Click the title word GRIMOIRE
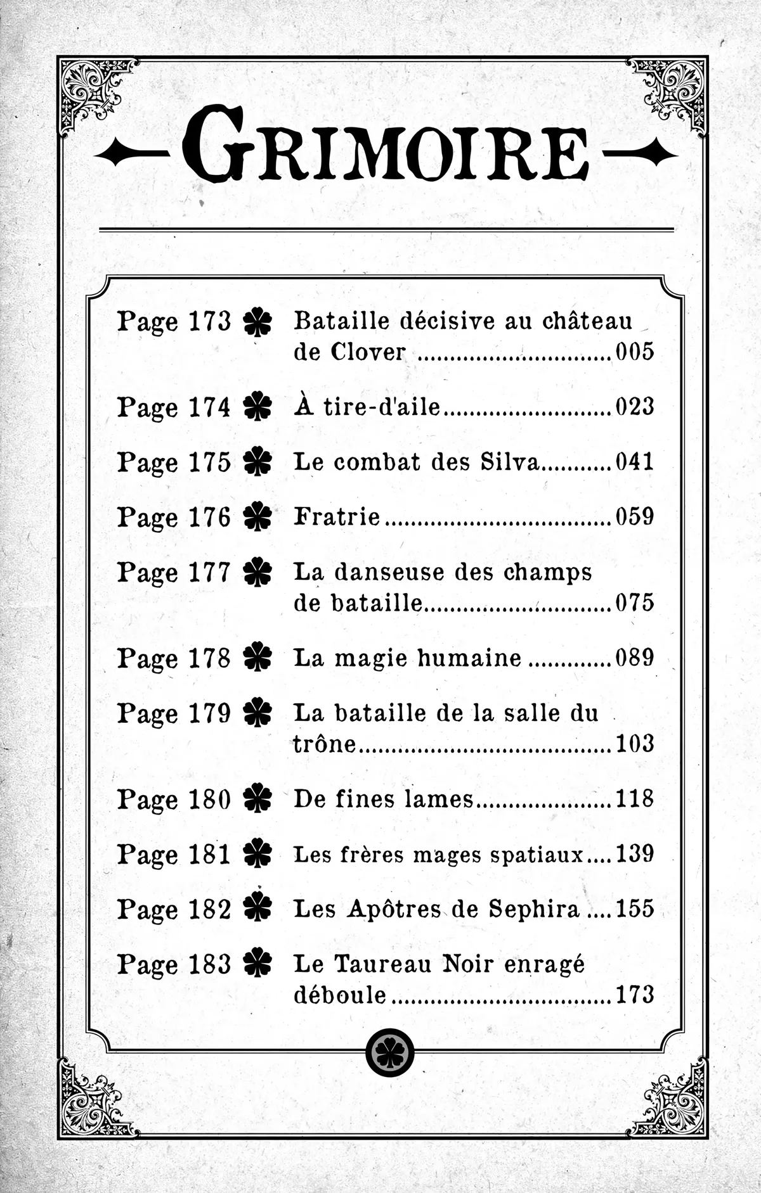point(386,153)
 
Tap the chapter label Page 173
point(174,321)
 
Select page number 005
point(635,352)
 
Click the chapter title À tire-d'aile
point(367,407)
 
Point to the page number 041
point(635,462)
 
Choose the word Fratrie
point(337,517)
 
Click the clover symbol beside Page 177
point(257,573)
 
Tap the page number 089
point(635,658)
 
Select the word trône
point(325,743)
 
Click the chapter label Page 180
point(174,799)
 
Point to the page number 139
point(635,854)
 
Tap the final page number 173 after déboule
point(635,995)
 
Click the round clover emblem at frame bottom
point(389,1052)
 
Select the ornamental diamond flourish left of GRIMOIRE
point(131,154)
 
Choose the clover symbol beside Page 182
point(257,909)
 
